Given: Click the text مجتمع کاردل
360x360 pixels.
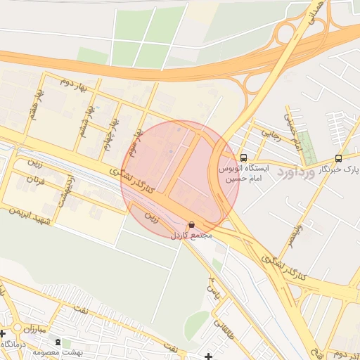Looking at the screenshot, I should coord(191,236).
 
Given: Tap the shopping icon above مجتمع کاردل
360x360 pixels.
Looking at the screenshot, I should coord(192,225).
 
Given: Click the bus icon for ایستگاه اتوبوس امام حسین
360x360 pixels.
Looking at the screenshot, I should coord(243,157).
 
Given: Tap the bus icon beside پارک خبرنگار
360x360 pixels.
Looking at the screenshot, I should coord(339,158).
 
